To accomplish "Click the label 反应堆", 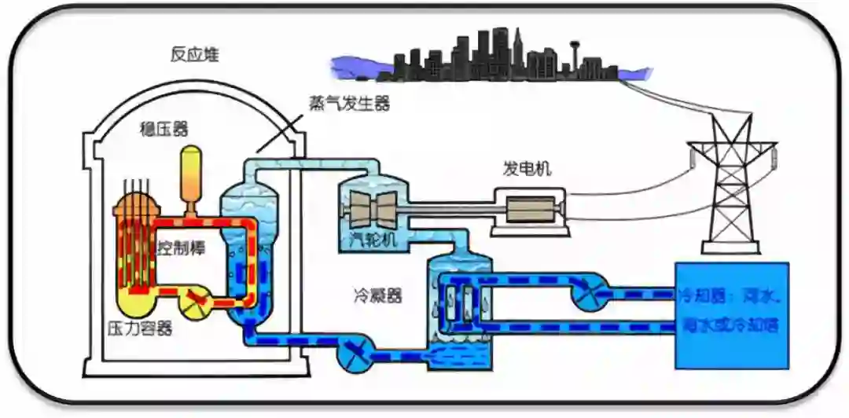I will coord(195,55).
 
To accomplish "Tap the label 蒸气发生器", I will coord(350,104).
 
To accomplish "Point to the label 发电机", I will coord(527,168).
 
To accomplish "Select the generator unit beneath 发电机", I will coord(531,209).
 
